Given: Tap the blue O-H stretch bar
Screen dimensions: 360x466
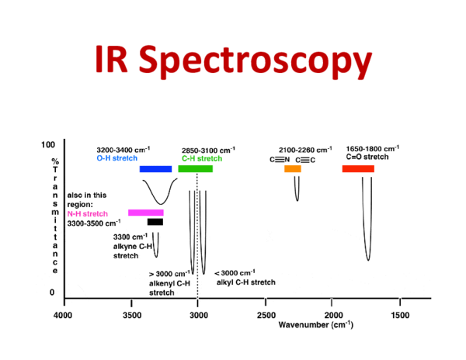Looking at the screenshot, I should (155, 169).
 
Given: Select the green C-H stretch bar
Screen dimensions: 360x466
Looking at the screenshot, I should (195, 169).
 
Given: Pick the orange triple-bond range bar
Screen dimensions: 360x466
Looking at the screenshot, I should (292, 169).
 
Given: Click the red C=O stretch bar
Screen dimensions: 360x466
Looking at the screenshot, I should (358, 169).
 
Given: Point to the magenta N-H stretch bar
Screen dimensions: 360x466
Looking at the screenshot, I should (146, 213).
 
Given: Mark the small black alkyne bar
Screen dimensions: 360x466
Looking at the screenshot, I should (155, 222).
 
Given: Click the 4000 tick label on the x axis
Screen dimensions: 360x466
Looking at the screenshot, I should (63, 315).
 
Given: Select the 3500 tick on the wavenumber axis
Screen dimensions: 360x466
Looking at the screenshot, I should (130, 315).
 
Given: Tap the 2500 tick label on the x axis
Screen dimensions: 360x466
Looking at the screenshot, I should (266, 315).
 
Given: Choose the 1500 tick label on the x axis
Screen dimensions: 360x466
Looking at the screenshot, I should (400, 315).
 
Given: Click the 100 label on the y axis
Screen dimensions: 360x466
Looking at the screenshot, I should (48, 145).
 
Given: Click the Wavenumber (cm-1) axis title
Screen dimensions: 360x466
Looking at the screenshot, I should (311, 324).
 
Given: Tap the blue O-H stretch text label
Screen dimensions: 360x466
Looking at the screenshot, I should (116, 158).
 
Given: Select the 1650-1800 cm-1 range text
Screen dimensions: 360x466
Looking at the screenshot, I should (372, 148).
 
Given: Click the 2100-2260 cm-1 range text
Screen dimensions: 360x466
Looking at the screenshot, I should (305, 149).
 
